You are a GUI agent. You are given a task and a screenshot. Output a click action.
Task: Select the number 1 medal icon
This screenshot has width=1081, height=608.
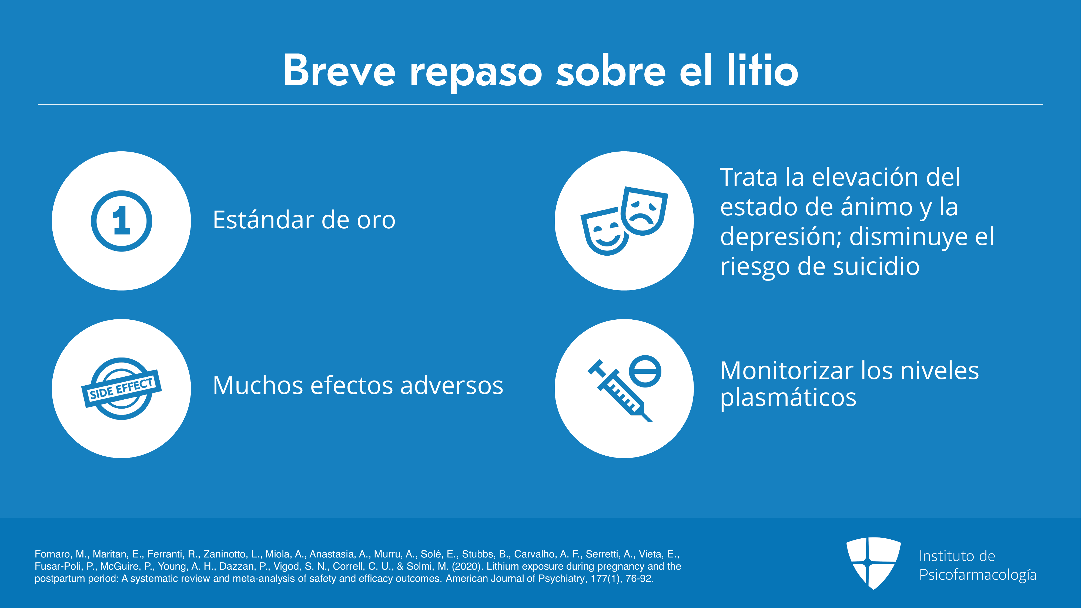click(121, 221)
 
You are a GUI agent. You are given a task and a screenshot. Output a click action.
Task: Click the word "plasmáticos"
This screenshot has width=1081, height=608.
click(788, 398)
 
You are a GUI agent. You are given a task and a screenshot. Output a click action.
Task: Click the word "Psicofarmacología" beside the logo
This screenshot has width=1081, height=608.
click(978, 574)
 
